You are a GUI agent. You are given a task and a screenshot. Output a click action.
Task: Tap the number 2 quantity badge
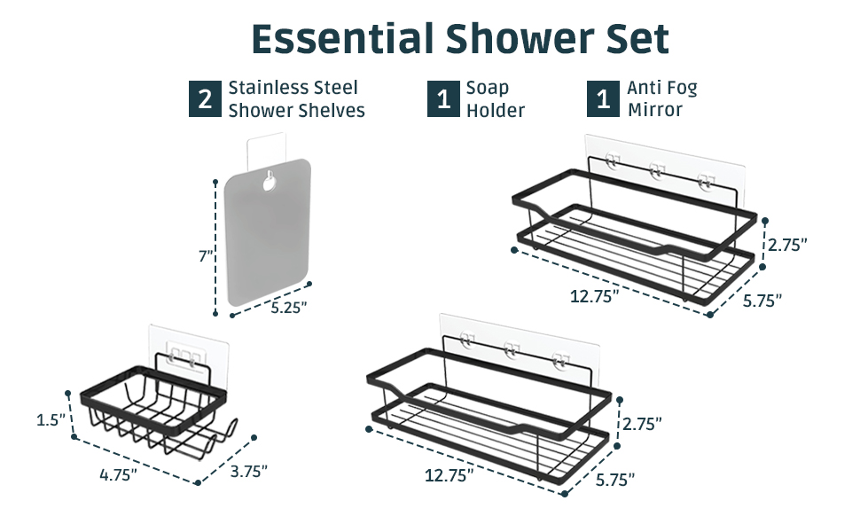[x=205, y=99]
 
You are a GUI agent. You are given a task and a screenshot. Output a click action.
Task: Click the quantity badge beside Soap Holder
[x=442, y=99]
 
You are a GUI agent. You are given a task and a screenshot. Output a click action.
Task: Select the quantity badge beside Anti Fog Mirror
[x=603, y=99]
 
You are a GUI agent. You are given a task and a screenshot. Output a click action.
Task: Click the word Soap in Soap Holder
[x=488, y=88]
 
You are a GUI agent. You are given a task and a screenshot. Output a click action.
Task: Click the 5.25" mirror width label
[x=289, y=307]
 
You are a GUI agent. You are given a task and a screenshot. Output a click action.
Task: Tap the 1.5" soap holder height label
[x=49, y=419]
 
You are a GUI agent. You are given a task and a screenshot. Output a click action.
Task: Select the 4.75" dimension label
[x=118, y=474]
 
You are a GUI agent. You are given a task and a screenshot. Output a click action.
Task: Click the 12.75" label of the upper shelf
[x=594, y=297]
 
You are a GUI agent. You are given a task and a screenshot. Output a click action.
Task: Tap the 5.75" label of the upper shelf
[x=762, y=301]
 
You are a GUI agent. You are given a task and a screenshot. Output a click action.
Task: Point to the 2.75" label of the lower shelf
[x=642, y=424]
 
